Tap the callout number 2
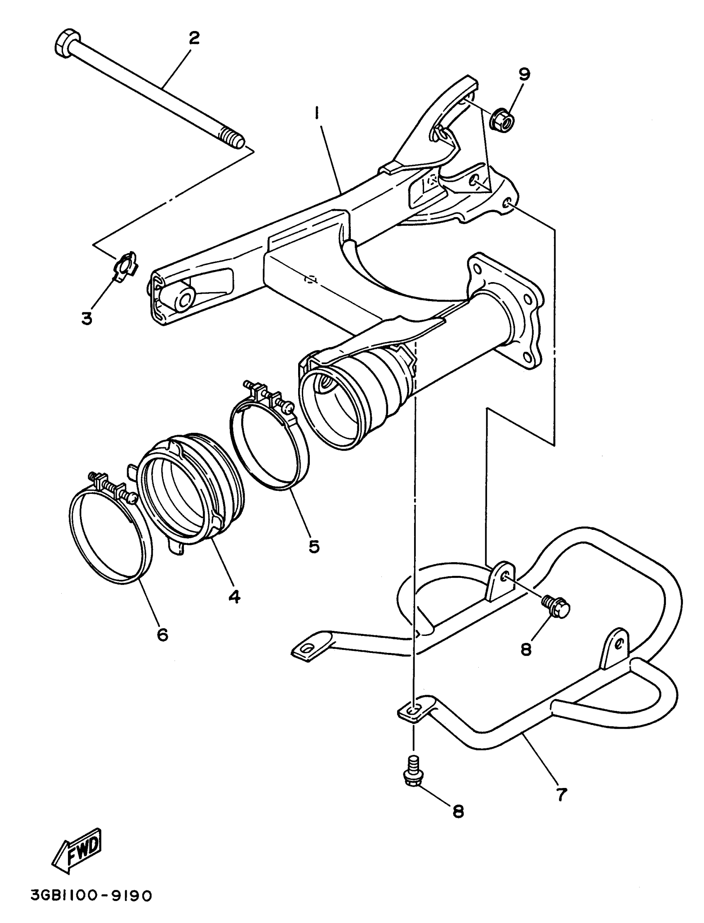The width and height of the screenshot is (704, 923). tap(194, 39)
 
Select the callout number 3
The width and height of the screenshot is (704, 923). tap(87, 319)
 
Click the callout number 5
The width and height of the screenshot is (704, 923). tap(314, 546)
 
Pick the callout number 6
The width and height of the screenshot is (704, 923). tap(162, 635)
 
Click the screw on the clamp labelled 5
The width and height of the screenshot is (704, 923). tap(282, 404)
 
